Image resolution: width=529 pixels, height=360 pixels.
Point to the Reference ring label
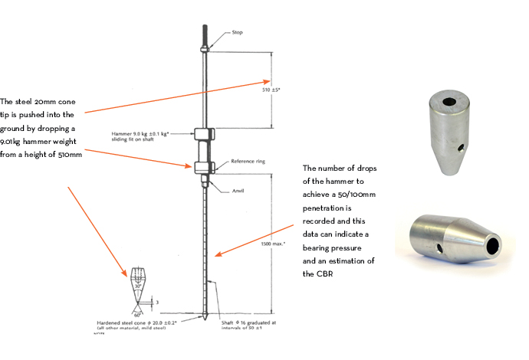(x=247, y=162)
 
